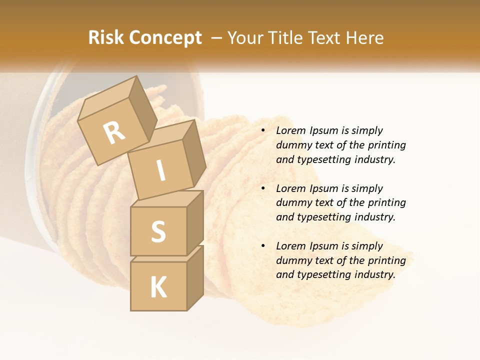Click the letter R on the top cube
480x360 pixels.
114,133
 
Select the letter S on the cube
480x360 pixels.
158,231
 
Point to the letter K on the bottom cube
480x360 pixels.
158,287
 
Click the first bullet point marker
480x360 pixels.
263,130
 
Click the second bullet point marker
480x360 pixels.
263,188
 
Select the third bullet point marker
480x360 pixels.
263,246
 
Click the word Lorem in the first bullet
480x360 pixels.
290,130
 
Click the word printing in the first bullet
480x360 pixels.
387,145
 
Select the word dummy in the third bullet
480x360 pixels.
292,260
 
